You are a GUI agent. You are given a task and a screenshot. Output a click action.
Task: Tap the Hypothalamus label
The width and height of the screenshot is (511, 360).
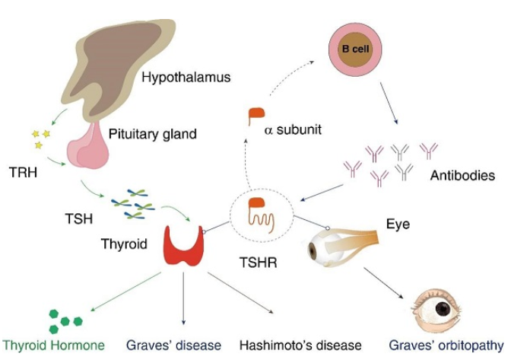[x=186, y=77]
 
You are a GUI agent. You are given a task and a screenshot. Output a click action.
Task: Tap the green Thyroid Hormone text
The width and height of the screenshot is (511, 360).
[x=52, y=344]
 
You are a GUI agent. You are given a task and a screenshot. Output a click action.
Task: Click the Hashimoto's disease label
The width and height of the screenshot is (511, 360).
[x=300, y=344]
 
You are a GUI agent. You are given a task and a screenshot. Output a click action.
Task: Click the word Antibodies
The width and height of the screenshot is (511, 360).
[x=462, y=176]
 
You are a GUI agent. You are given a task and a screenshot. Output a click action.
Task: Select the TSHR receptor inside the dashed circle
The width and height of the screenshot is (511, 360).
[x=260, y=215]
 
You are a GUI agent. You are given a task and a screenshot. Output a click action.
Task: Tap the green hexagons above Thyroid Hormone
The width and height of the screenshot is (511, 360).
[x=65, y=316]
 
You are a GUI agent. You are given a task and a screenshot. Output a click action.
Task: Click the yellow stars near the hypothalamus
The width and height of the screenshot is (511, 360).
[x=40, y=137]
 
